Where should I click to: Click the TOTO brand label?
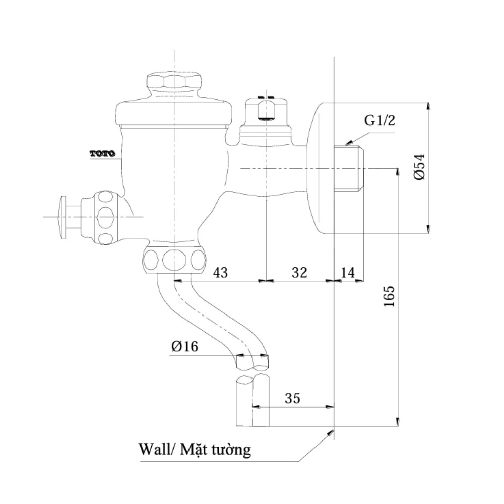102,153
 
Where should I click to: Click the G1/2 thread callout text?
379,120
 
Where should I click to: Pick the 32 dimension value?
299,272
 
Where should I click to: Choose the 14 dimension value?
348,272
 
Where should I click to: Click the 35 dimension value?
292,398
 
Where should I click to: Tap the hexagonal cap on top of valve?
174,84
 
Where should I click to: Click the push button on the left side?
64,216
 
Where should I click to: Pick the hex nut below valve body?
174,260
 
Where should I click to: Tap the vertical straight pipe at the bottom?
252,401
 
